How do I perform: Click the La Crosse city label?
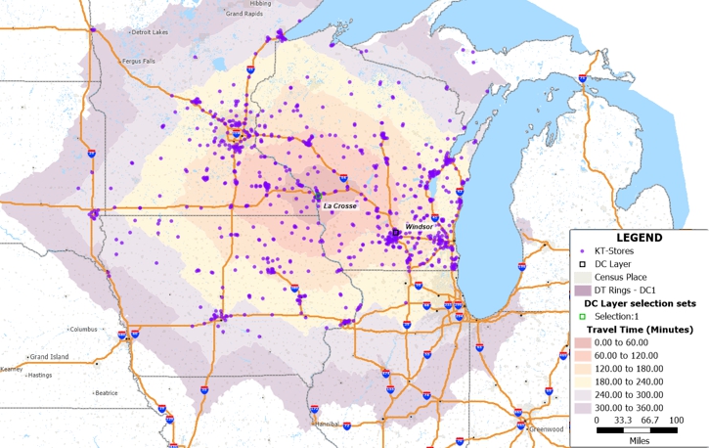(340, 206)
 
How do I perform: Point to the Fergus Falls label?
(139, 62)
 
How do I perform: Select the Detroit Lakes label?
(150, 32)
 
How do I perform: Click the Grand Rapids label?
(245, 15)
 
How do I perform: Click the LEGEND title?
(639, 238)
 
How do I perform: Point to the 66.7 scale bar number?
(639, 420)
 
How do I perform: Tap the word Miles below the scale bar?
(639, 439)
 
